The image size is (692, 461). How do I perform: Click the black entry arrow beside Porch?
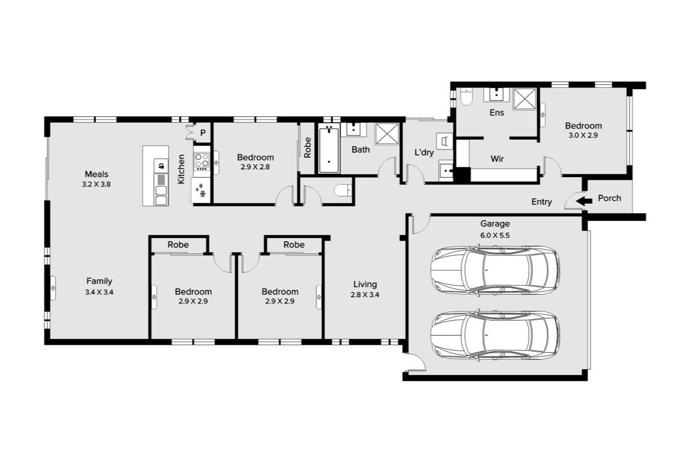coord(585,202)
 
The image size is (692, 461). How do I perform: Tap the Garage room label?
coord(494,224)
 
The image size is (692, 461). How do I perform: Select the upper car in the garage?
coord(495,271)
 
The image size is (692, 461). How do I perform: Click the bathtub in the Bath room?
coord(329,149)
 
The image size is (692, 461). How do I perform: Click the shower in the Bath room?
coord(387,134)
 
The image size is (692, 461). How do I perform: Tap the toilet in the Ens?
coord(466,97)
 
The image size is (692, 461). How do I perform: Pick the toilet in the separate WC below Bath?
coord(342,190)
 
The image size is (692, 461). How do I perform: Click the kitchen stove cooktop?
coord(201,161)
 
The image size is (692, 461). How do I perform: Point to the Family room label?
coord(99,281)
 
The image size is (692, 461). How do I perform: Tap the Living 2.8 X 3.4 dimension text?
coord(364,295)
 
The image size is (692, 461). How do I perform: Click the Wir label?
coord(497,159)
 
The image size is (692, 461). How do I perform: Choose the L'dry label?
coord(424,153)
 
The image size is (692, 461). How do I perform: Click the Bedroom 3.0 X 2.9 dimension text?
coord(583,136)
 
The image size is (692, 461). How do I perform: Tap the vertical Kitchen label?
coord(182,169)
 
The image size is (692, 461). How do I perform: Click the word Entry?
coord(541,202)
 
